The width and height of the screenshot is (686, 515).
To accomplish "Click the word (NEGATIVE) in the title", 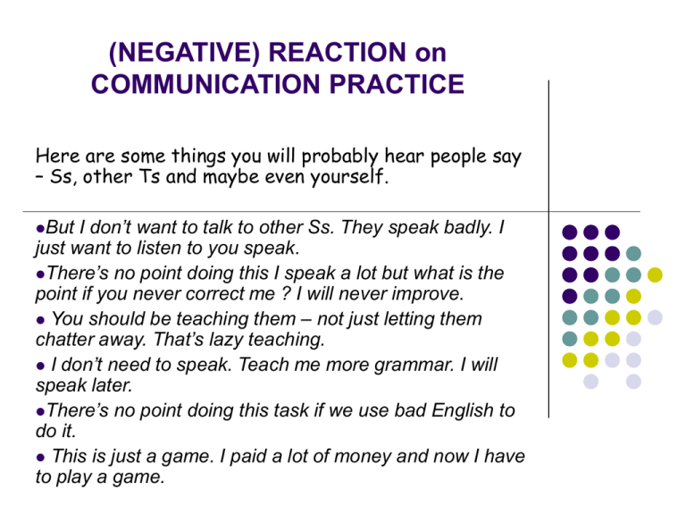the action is [184, 52].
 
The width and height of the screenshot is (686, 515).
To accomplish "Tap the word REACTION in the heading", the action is [338, 52].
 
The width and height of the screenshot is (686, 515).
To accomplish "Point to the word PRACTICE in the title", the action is [397, 84].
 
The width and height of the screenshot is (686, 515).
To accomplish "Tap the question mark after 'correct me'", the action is [286, 293].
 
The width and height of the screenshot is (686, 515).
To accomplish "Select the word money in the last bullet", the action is [365, 457].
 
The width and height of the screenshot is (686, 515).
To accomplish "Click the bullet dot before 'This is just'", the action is [41, 458].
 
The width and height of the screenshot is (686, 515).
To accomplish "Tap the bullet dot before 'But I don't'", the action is [41, 228].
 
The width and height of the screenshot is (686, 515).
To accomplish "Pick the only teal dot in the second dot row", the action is [633, 253].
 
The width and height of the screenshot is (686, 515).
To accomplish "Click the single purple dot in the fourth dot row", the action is [570, 296].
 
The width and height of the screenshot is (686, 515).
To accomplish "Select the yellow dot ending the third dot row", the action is [655, 274].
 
